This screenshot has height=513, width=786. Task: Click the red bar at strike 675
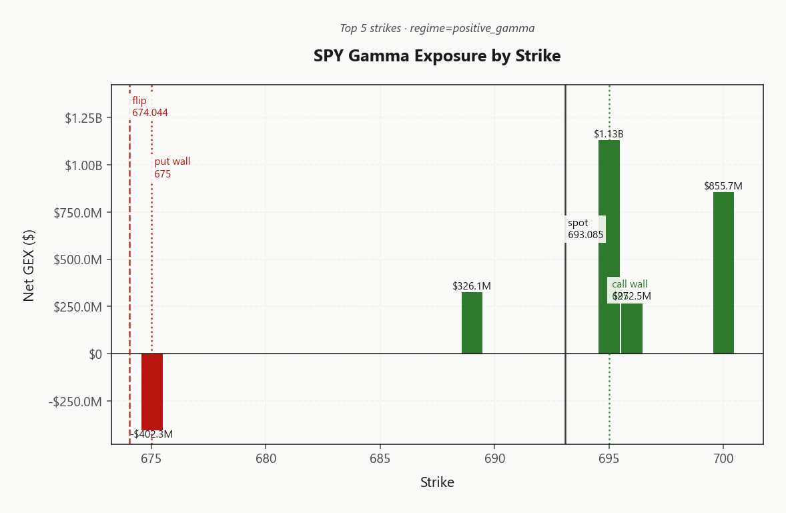pyautogui.click(x=152, y=392)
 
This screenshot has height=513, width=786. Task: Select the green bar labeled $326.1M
pyautogui.click(x=472, y=323)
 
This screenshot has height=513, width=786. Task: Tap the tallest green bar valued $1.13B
pyautogui.click(x=609, y=247)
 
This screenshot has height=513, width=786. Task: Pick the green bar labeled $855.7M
pyautogui.click(x=723, y=273)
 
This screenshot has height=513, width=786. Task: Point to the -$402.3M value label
pyautogui.click(x=151, y=434)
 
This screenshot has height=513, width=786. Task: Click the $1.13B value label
pyautogui.click(x=609, y=134)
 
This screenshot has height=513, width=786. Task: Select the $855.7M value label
pyautogui.click(x=723, y=186)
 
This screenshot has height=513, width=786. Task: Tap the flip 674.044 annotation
pyautogui.click(x=149, y=107)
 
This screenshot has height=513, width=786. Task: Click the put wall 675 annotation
pyautogui.click(x=172, y=167)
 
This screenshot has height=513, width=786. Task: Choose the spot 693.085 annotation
pyautogui.click(x=585, y=229)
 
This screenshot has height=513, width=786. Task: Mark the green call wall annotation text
pyautogui.click(x=629, y=284)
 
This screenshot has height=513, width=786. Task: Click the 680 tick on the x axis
pyautogui.click(x=266, y=460)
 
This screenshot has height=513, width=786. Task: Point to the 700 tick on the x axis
pyautogui.click(x=723, y=460)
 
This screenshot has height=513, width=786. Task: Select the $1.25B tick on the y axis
pyautogui.click(x=83, y=118)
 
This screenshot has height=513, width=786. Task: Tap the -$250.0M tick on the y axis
pyautogui.click(x=75, y=402)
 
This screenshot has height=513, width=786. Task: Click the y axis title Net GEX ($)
pyautogui.click(x=29, y=265)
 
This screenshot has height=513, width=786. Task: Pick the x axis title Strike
pyautogui.click(x=437, y=482)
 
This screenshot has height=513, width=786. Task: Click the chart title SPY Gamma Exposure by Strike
pyautogui.click(x=437, y=56)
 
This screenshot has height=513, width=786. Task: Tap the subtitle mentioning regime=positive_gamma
pyautogui.click(x=437, y=28)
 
